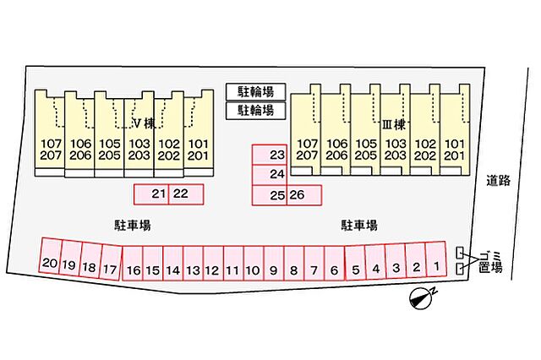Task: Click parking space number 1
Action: tap(436, 259)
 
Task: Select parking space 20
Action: tap(51, 256)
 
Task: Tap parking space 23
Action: tap(270, 155)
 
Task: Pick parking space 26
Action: tap(304, 195)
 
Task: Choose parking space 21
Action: tap(151, 194)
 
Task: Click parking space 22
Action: tap(186, 194)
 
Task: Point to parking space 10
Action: tap(254, 263)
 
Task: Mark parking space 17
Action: tap(111, 263)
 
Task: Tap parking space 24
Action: tap(270, 175)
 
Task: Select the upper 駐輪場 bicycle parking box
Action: tap(255, 92)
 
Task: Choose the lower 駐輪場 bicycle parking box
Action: tap(255, 111)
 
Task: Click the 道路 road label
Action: tap(498, 181)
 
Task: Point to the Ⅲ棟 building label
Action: tap(394, 124)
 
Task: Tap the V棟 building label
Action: tap(145, 123)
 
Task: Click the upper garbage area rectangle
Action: tap(460, 253)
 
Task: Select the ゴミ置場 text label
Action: tap(490, 262)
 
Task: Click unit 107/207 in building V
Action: tap(50, 134)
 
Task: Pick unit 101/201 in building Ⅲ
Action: tap(455, 130)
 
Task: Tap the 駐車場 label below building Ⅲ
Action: tap(359, 225)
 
